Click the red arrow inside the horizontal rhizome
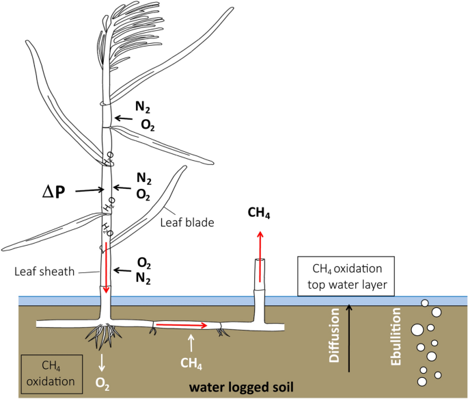(x=181, y=326)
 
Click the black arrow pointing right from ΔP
(x=85, y=192)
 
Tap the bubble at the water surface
(x=425, y=303)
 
